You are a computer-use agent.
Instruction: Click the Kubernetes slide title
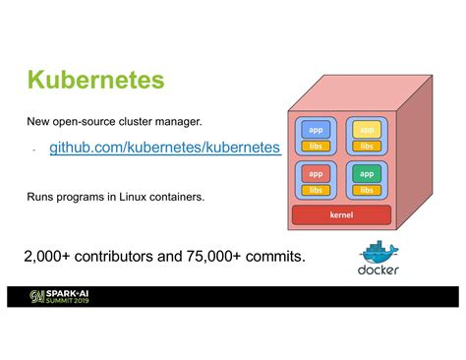pyautogui.click(x=94, y=80)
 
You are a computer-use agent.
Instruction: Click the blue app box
pyautogui.click(x=316, y=130)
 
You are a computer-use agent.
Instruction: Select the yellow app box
pyautogui.click(x=366, y=130)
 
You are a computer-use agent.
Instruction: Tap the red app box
pyautogui.click(x=316, y=174)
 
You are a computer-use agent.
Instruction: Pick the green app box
pyautogui.click(x=366, y=174)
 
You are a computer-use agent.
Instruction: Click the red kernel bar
pyautogui.click(x=341, y=214)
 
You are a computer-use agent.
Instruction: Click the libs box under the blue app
pyautogui.click(x=316, y=146)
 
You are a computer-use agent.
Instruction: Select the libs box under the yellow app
pyautogui.click(x=366, y=146)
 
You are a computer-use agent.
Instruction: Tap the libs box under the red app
pyautogui.click(x=316, y=190)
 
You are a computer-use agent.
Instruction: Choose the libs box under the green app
pyautogui.click(x=366, y=190)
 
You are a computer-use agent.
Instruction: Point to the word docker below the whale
pyautogui.click(x=379, y=270)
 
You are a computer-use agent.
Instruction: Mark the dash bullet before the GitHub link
pyautogui.click(x=33, y=150)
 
